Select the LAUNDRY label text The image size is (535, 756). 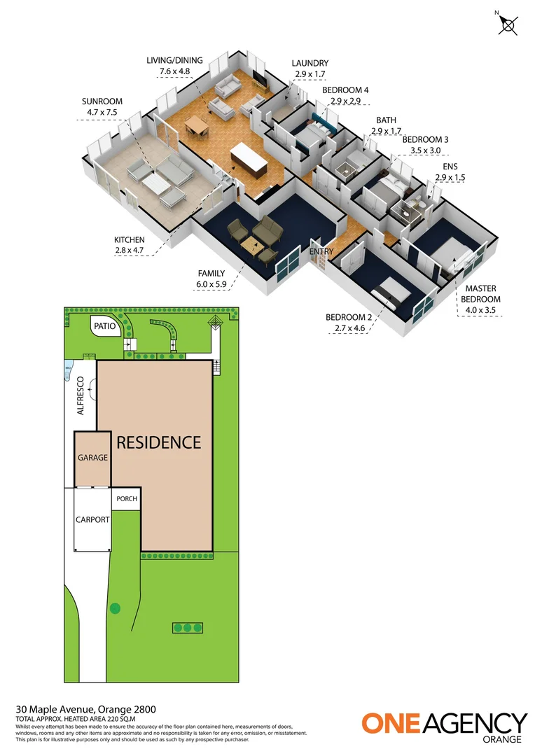pos(310,64)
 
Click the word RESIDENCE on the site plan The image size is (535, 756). pos(158,442)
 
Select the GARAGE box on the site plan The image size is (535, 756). pos(92,458)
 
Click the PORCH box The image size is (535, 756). pos(126,500)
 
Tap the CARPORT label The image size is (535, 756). pos(92,519)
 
